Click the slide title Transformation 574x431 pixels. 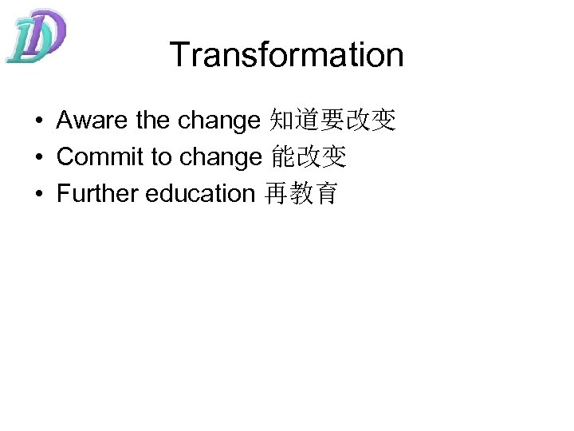pos(286,55)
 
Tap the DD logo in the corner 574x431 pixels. pos(36,36)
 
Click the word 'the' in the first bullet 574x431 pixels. pos(153,121)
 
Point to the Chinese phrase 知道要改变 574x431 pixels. pos(333,121)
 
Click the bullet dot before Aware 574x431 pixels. pos(38,121)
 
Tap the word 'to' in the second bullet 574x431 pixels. pos(161,157)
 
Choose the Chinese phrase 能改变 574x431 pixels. pos(309,157)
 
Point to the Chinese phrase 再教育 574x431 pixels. pos(301,194)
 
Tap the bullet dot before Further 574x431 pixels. pos(38,194)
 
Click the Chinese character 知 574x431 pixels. pos(283,121)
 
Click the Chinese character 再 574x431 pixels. pos(276,194)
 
